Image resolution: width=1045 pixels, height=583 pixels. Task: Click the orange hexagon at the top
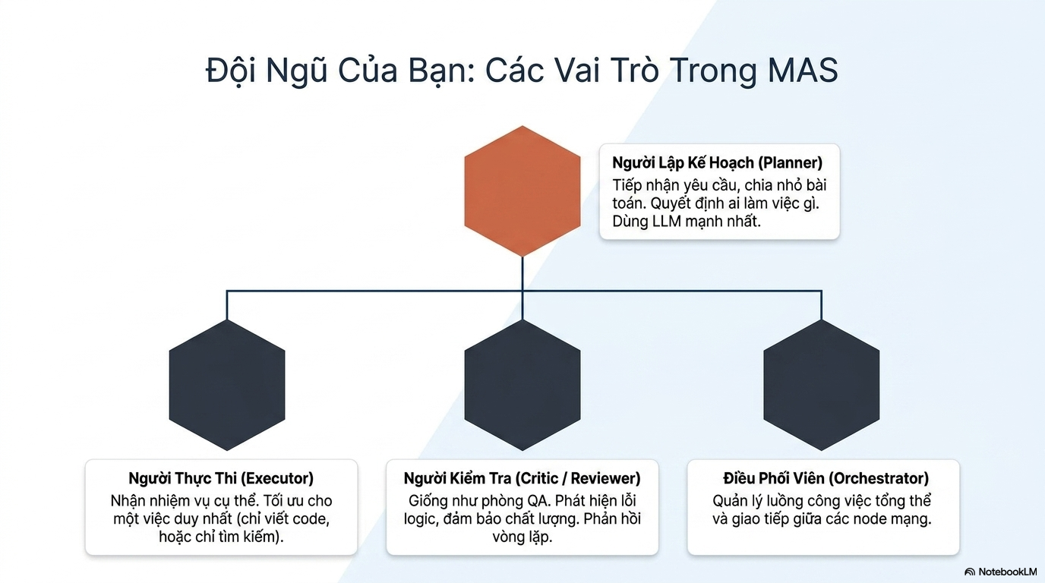pyautogui.click(x=522, y=191)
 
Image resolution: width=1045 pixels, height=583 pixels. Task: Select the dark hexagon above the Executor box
pyautogui.click(x=227, y=385)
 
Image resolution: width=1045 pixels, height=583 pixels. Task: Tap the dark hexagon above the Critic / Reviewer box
pyautogui.click(x=522, y=385)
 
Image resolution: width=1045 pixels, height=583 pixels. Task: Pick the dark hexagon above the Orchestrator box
pyautogui.click(x=822, y=385)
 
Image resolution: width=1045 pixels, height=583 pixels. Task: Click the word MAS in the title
pyautogui.click(x=803, y=71)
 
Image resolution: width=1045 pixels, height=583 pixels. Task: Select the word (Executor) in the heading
pyautogui.click(x=277, y=478)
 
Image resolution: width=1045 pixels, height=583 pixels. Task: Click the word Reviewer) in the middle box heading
pyautogui.click(x=605, y=478)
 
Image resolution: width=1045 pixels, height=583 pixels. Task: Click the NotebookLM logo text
pyautogui.click(x=1007, y=572)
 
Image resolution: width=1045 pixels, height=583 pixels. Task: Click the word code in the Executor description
pyautogui.click(x=311, y=519)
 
